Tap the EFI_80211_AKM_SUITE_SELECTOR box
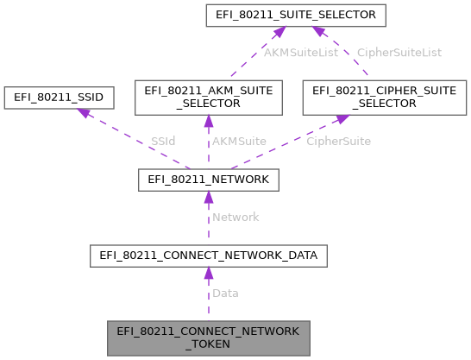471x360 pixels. [207, 97]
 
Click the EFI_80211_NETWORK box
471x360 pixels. [208, 180]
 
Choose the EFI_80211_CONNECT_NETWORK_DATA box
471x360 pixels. [208, 255]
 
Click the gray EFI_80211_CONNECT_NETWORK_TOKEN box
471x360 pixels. [208, 338]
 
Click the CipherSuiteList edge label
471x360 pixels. [399, 53]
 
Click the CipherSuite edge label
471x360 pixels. [338, 141]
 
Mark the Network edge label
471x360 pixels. [235, 218]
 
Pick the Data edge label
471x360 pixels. [225, 294]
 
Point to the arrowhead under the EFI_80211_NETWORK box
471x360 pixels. [208, 197]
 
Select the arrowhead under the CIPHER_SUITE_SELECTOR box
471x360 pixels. [341, 122]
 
